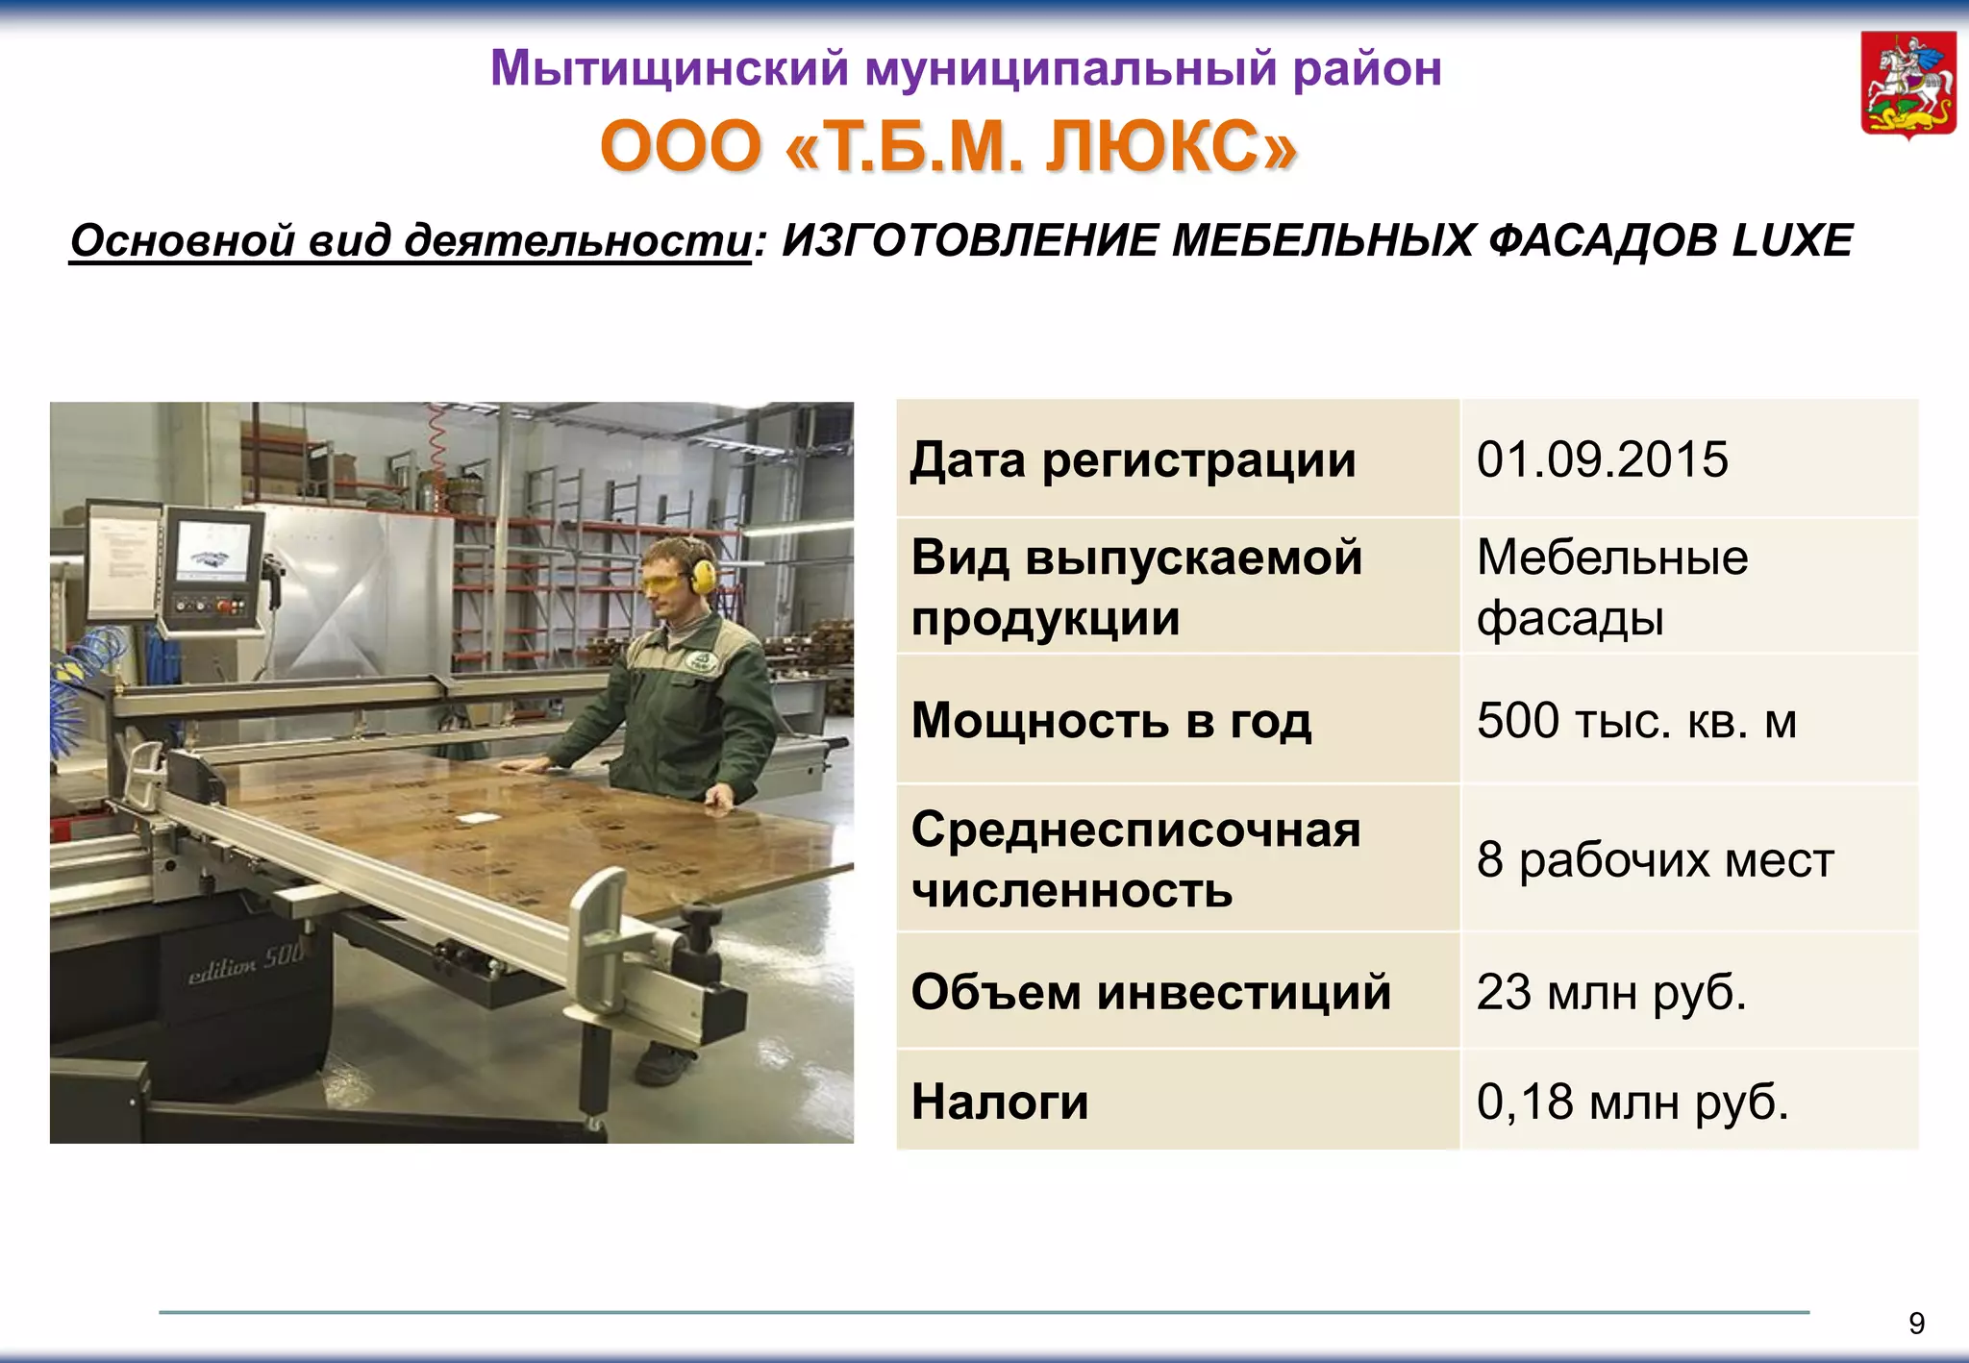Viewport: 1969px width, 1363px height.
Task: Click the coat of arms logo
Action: pyautogui.click(x=1908, y=85)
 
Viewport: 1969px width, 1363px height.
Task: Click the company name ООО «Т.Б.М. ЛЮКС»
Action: pyautogui.click(x=948, y=147)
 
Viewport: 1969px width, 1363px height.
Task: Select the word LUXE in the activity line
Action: pyautogui.click(x=1792, y=240)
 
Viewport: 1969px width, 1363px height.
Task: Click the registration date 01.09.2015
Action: pyautogui.click(x=1602, y=459)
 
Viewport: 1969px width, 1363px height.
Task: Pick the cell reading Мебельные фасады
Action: pyautogui.click(x=1611, y=586)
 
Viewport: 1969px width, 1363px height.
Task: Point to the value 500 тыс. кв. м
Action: pyautogui.click(x=1636, y=720)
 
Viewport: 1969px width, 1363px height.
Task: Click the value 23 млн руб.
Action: pyautogui.click(x=1611, y=991)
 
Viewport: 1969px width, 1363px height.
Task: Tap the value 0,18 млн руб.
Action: pyautogui.click(x=1633, y=1102)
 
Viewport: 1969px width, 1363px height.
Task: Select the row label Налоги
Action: pyautogui.click(x=1000, y=1102)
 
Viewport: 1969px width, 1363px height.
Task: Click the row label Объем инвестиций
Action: pyautogui.click(x=1151, y=991)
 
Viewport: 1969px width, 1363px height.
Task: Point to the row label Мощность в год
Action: pyautogui.click(x=1110, y=720)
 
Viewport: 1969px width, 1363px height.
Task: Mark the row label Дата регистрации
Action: pyautogui.click(x=1133, y=459)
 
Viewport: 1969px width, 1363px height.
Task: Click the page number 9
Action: pyautogui.click(x=1916, y=1324)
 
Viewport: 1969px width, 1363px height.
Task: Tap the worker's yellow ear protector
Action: pyautogui.click(x=704, y=575)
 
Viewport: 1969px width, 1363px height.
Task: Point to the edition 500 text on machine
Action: pyautogui.click(x=245, y=962)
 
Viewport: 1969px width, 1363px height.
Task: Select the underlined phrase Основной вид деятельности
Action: pyautogui.click(x=411, y=240)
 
